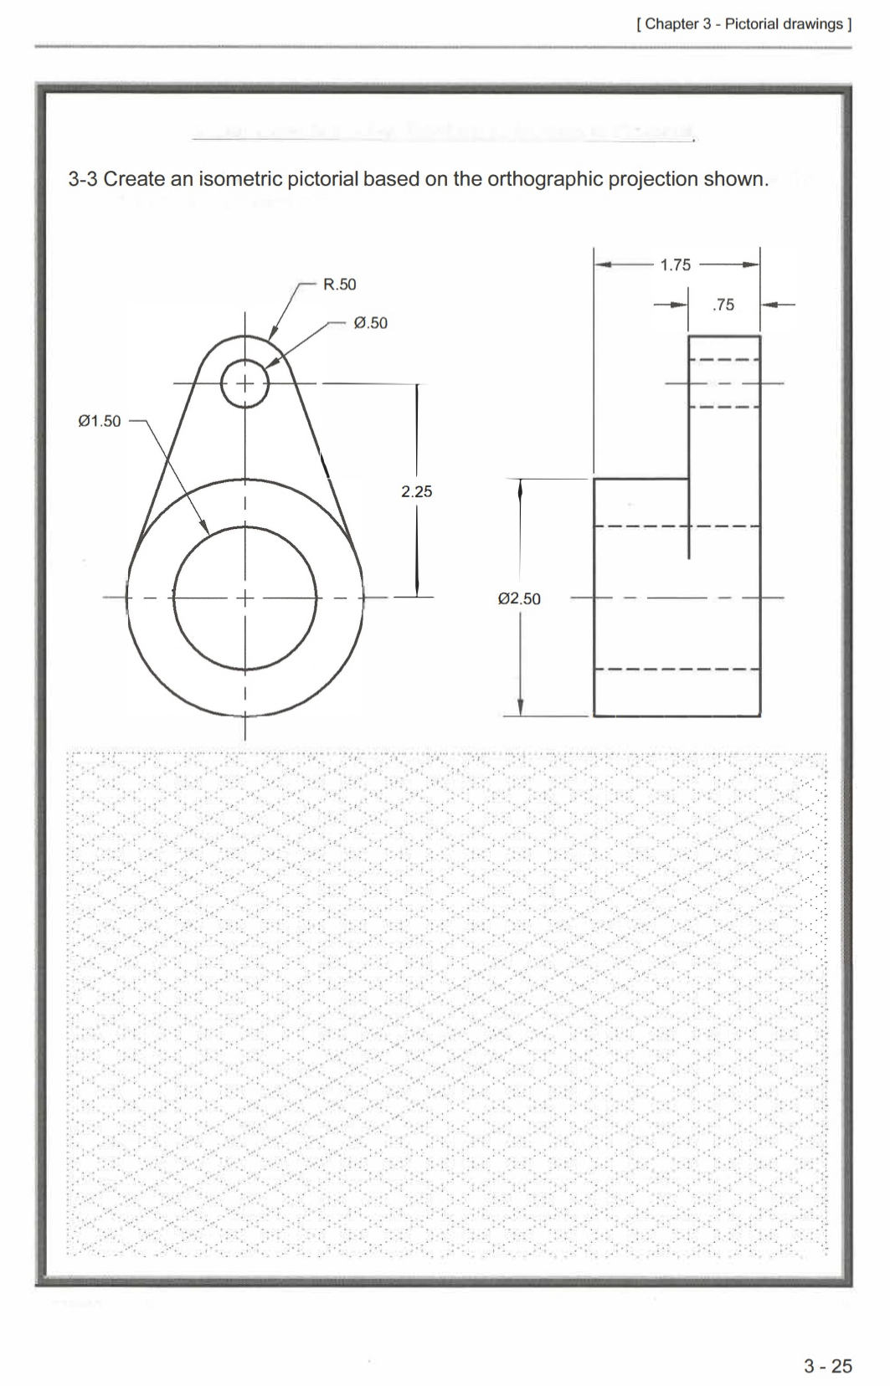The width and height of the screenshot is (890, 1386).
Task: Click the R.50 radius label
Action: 339,285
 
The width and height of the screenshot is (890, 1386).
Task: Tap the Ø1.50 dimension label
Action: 99,421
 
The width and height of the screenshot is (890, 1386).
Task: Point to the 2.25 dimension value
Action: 416,492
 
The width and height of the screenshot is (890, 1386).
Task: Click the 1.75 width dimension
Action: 675,265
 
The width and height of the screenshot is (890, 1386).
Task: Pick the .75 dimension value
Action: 723,305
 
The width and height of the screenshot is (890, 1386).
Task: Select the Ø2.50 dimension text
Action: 519,599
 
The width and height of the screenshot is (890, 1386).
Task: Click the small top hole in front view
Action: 244,383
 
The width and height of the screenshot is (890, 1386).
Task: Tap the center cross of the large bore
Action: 244,598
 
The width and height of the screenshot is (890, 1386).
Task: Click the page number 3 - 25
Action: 827,1366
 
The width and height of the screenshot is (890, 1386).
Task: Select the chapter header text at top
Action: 743,24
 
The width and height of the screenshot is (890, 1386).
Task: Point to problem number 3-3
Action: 83,179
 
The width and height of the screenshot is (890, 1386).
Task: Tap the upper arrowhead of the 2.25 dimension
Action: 417,390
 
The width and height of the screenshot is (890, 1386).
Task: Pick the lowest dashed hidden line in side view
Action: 677,670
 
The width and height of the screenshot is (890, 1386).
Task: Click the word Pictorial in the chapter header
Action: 754,24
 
